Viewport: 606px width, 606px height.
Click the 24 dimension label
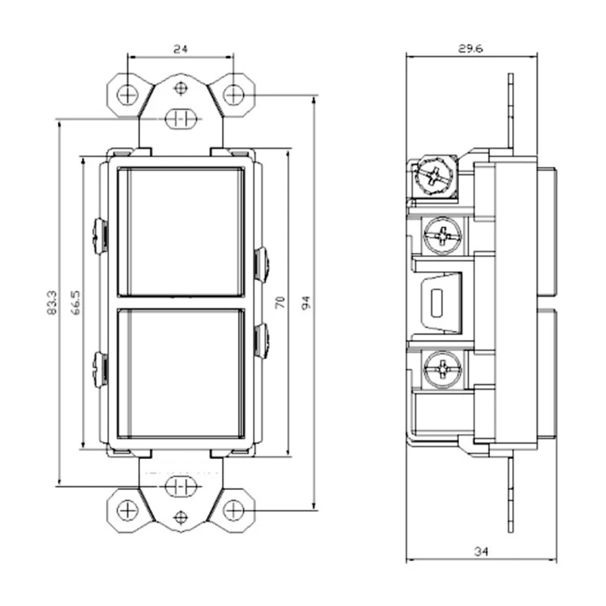tap(180, 49)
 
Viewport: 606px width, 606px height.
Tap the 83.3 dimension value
tap(52, 302)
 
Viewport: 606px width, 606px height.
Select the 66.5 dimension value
tap(77, 302)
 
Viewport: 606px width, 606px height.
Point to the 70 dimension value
tap(280, 302)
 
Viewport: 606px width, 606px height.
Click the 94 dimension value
tap(306, 302)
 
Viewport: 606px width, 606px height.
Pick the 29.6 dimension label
tap(470, 48)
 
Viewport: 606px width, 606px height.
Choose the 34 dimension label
tap(481, 551)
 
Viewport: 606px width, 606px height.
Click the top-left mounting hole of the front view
tap(127, 95)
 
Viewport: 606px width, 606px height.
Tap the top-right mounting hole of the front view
tap(234, 95)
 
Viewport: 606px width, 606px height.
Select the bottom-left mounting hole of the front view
tap(127, 511)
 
